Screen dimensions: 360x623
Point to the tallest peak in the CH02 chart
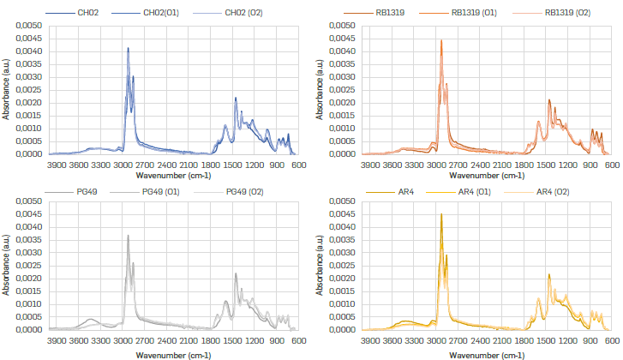click(x=128, y=48)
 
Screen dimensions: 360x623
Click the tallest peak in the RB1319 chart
click(x=441, y=40)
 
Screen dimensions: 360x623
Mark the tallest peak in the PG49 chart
click(x=128, y=236)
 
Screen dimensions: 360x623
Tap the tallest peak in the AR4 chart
click(x=441, y=214)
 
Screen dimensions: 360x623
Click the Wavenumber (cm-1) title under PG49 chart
click(x=174, y=353)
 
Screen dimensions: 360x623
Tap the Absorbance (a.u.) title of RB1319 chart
click(x=320, y=90)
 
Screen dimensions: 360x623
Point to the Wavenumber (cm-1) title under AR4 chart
click(x=488, y=353)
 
